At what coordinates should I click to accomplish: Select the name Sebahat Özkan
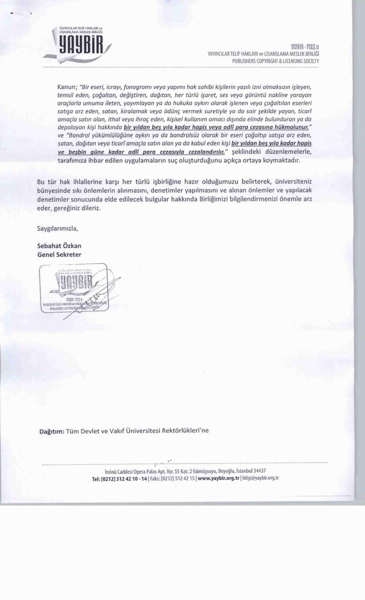[59, 246]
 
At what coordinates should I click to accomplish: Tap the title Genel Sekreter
[59, 254]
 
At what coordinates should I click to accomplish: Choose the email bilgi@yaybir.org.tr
[261, 478]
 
